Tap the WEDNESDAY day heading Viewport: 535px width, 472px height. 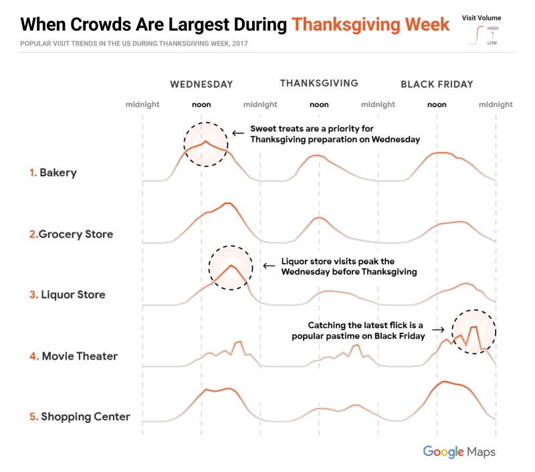(x=201, y=84)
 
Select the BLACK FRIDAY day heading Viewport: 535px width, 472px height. (x=437, y=84)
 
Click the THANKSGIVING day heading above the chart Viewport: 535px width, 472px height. (x=319, y=84)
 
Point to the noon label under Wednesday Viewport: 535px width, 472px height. (x=201, y=104)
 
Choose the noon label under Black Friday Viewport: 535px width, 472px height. (x=437, y=104)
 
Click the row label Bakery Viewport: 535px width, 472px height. (x=58, y=173)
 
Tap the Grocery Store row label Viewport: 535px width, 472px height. (x=76, y=234)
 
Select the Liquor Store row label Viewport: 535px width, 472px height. (x=72, y=295)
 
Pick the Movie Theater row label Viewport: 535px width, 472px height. (x=79, y=356)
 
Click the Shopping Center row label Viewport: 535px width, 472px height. (x=86, y=416)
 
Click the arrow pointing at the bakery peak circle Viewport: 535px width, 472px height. (x=237, y=133)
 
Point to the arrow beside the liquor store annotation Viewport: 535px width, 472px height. (x=268, y=265)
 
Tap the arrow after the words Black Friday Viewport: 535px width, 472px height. (x=438, y=329)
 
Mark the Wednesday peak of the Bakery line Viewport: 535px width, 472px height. (x=205, y=141)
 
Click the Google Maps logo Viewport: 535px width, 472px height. (x=459, y=452)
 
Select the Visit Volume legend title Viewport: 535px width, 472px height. (x=481, y=18)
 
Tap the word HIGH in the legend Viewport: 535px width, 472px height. (x=493, y=29)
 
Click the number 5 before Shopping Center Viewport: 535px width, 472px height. (x=33, y=416)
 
